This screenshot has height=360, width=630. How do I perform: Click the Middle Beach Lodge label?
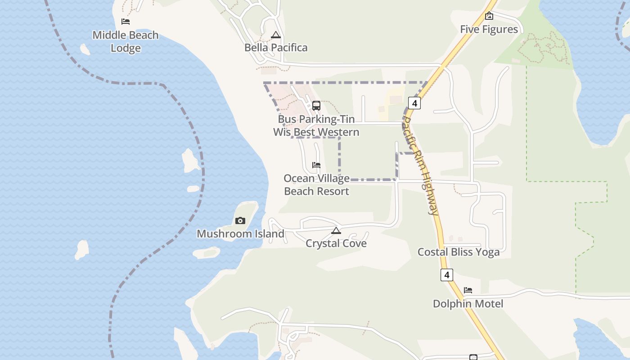point(126,41)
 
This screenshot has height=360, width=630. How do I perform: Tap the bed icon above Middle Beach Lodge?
point(126,21)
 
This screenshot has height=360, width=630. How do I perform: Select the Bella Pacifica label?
point(276,48)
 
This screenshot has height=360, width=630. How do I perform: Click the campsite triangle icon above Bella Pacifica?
point(276,35)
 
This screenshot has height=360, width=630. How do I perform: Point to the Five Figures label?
point(489,29)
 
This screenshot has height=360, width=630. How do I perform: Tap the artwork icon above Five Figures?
point(489,16)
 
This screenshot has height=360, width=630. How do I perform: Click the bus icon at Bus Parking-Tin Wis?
point(316,106)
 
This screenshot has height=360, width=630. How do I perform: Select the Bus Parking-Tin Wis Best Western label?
point(316,126)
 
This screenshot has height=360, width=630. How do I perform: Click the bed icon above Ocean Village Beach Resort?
point(316,165)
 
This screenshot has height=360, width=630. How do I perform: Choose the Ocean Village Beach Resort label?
point(317,184)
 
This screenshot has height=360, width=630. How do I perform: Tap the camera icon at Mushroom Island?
point(240,220)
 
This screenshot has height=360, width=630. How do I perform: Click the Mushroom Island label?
point(240,234)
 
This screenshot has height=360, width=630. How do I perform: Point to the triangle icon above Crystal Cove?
point(336,230)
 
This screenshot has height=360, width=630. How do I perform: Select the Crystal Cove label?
point(336,243)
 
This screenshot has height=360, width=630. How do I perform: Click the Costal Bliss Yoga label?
point(459,252)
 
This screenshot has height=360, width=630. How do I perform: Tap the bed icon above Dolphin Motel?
point(468,290)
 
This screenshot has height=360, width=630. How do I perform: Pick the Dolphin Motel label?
point(468,304)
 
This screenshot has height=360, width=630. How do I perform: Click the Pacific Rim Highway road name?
point(420,166)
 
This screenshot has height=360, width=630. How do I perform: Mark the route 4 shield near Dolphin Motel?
point(446,274)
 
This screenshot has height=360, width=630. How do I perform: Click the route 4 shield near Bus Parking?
point(414,103)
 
